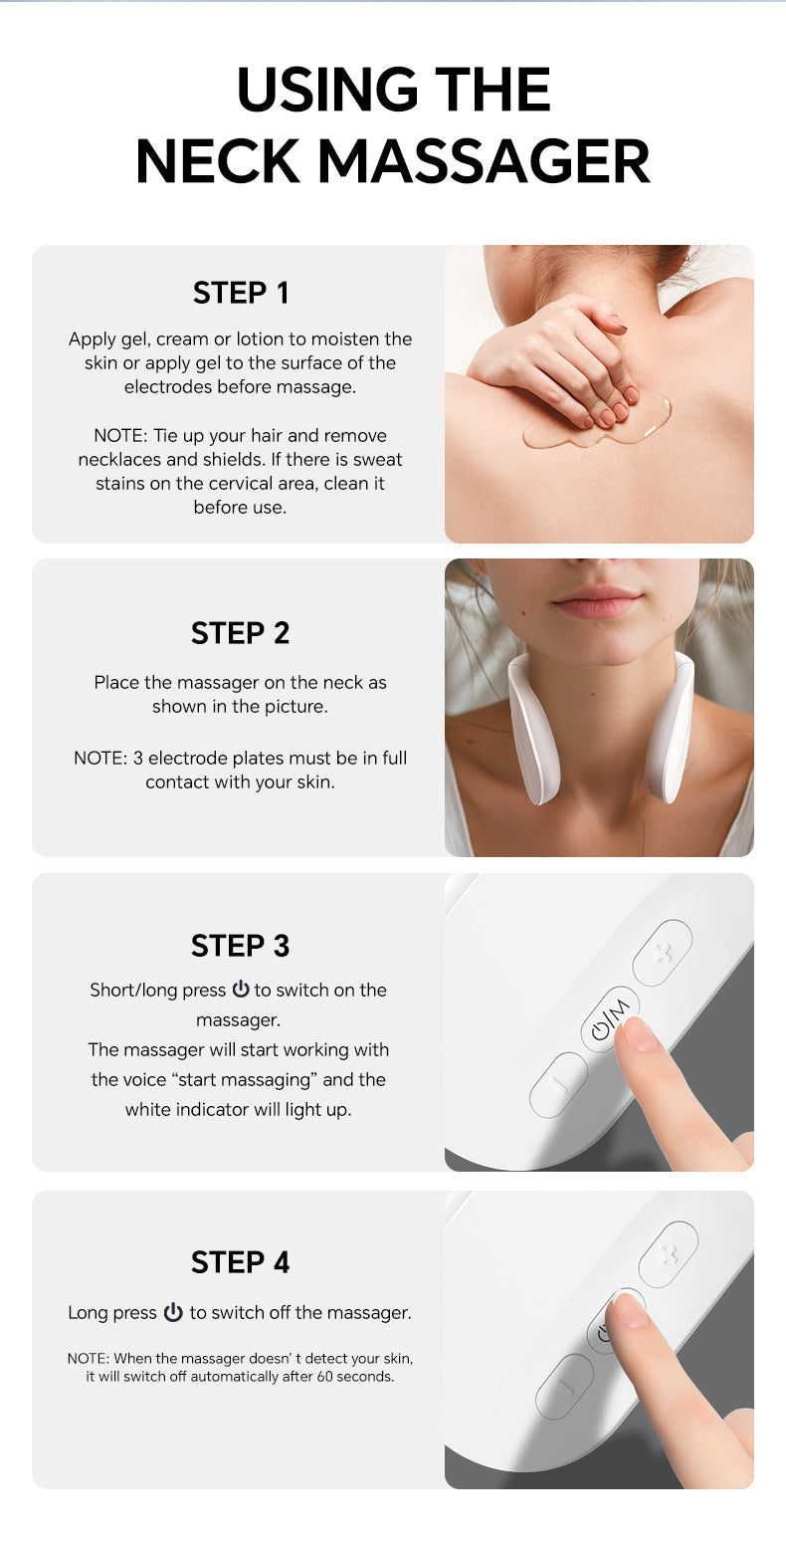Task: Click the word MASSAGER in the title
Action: click(484, 161)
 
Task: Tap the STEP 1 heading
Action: click(241, 293)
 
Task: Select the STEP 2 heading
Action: click(240, 633)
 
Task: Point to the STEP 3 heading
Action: click(240, 946)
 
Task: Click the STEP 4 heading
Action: click(240, 1263)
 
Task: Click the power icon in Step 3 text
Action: click(241, 989)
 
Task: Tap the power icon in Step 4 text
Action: click(173, 1312)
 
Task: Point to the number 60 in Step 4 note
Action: click(325, 1377)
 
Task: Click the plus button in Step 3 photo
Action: click(663, 952)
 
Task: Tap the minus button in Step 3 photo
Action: click(558, 1084)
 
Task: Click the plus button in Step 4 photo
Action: click(668, 1254)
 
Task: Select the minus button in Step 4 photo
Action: click(564, 1387)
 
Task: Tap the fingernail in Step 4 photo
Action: click(629, 1309)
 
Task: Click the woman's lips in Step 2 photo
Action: click(597, 601)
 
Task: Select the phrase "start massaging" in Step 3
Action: click(245, 1079)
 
